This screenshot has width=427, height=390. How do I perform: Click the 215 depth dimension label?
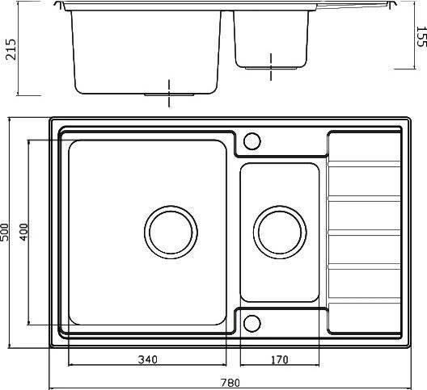click(11, 49)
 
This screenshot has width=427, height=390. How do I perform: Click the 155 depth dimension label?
click(421, 36)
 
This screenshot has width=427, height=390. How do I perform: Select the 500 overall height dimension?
click(5, 232)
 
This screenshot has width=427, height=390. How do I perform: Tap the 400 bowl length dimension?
click(24, 232)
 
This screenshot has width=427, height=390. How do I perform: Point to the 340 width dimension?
click(148, 359)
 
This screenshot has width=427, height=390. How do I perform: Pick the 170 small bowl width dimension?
click(279, 360)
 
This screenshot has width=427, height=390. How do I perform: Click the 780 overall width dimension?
click(230, 383)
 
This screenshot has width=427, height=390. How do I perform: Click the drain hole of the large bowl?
click(171, 232)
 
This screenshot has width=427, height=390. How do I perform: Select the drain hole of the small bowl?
click(280, 232)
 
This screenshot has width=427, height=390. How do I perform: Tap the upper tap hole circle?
click(252, 140)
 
